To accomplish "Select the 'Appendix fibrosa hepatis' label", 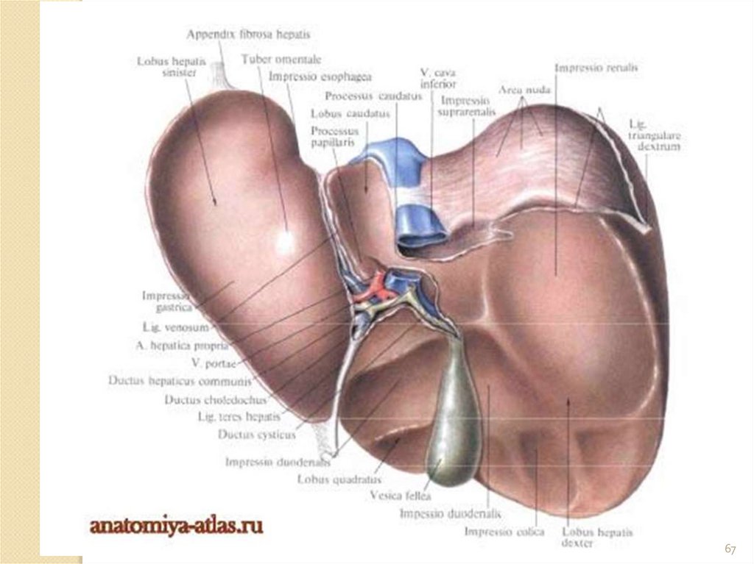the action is point(248,35).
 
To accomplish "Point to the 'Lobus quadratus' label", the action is point(331,478).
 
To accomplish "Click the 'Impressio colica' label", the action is point(504,531).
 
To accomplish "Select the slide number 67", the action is point(730,549).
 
